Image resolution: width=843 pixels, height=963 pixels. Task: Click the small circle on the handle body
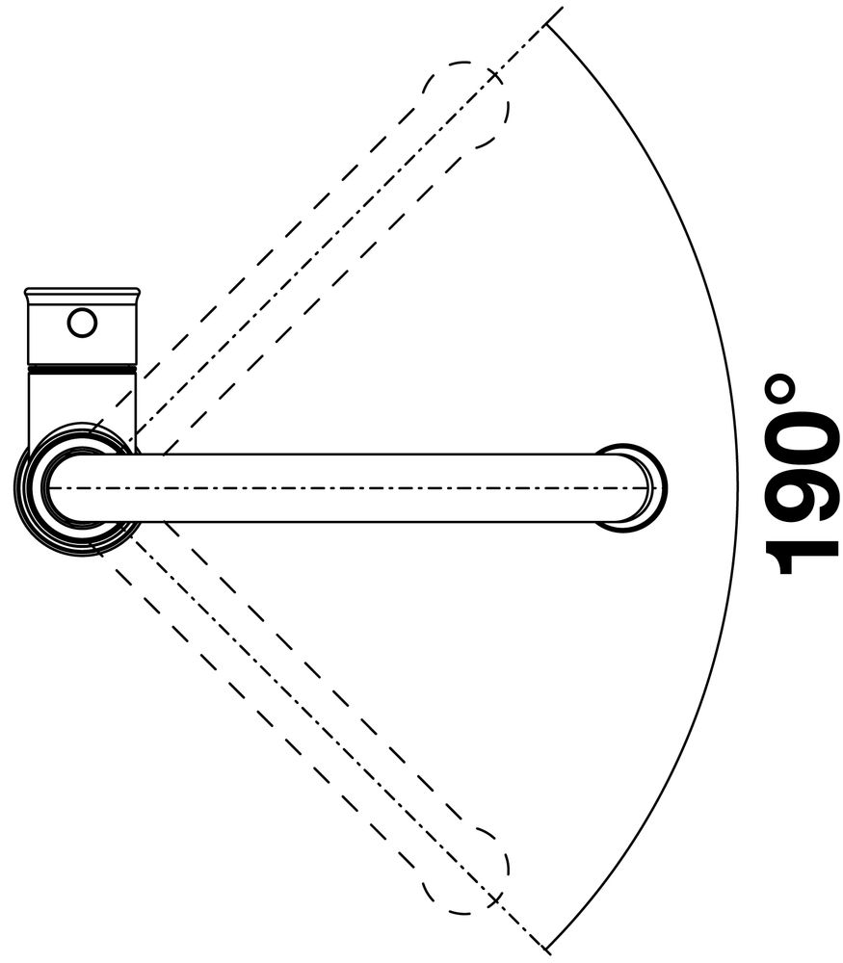pos(82,323)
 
